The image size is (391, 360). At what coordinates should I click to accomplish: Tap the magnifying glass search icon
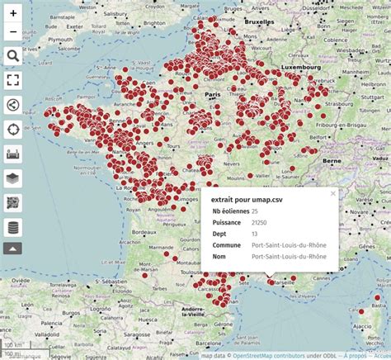(13, 55)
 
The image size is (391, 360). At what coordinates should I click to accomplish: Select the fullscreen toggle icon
(13, 80)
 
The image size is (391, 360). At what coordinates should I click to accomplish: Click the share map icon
(13, 104)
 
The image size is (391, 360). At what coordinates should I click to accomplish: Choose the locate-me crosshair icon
(13, 129)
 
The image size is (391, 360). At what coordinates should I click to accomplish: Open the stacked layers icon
(13, 178)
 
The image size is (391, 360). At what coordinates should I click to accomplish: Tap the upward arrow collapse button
(13, 248)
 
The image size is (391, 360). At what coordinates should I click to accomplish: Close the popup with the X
(333, 193)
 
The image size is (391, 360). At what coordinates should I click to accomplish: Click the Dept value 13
(255, 234)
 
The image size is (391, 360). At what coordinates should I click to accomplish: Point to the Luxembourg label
(299, 66)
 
